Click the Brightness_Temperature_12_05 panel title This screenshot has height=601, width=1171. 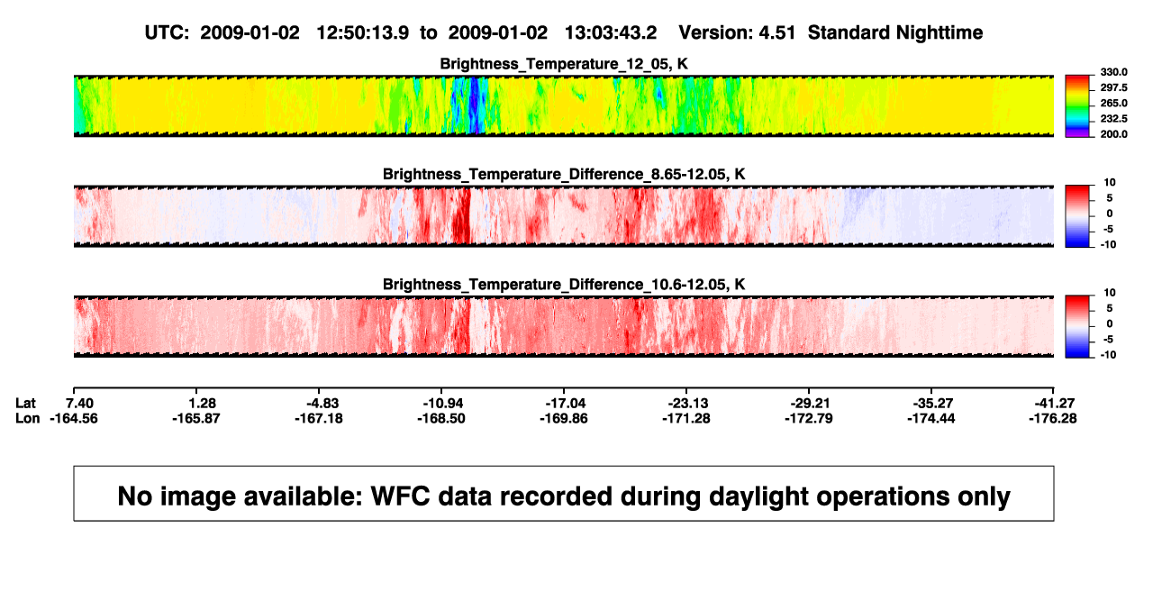[x=564, y=64]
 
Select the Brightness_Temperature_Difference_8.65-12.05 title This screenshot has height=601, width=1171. [x=564, y=174]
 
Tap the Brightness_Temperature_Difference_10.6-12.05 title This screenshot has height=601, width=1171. [x=564, y=285]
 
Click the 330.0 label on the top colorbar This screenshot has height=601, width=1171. [x=1113, y=72]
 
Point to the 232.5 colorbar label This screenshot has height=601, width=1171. [x=1113, y=119]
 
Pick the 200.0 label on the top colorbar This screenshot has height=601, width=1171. [x=1113, y=134]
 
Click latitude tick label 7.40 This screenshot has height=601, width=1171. [x=80, y=404]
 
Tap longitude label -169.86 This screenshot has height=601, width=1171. [x=564, y=418]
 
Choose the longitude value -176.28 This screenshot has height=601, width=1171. [x=1053, y=418]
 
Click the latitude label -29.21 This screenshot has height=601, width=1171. [x=809, y=404]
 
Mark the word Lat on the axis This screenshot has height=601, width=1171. [x=25, y=404]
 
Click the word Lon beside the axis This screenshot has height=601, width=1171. [x=27, y=418]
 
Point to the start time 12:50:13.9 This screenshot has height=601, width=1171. [x=363, y=33]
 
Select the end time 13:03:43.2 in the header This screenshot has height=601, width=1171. [x=611, y=33]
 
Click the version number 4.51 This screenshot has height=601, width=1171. [x=776, y=33]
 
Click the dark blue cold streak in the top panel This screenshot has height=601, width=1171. [x=474, y=105]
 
